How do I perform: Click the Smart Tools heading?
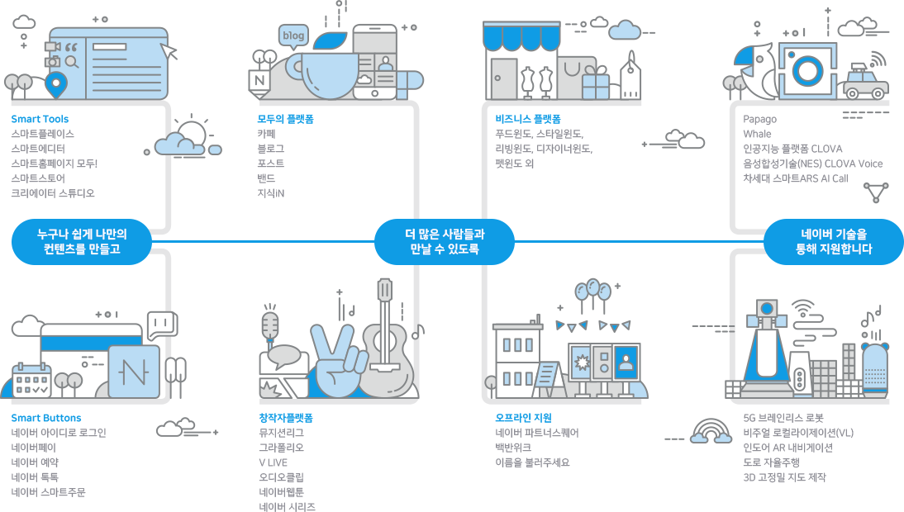[x=40, y=119]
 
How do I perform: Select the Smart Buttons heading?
[x=46, y=418]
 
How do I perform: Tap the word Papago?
[x=759, y=119]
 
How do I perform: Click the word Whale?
[x=757, y=134]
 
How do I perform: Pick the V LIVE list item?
[x=273, y=462]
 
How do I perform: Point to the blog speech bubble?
[x=293, y=36]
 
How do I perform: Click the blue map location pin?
[x=56, y=85]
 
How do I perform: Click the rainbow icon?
[x=711, y=431]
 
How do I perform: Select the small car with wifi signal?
[x=866, y=81]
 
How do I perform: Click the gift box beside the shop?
[x=595, y=83]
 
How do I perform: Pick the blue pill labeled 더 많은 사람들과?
[x=444, y=242]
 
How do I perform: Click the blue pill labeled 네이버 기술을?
[x=834, y=242]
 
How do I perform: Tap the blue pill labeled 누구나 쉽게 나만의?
[x=82, y=242]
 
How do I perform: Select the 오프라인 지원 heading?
[x=524, y=418]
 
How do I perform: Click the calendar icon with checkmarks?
[x=31, y=381]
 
